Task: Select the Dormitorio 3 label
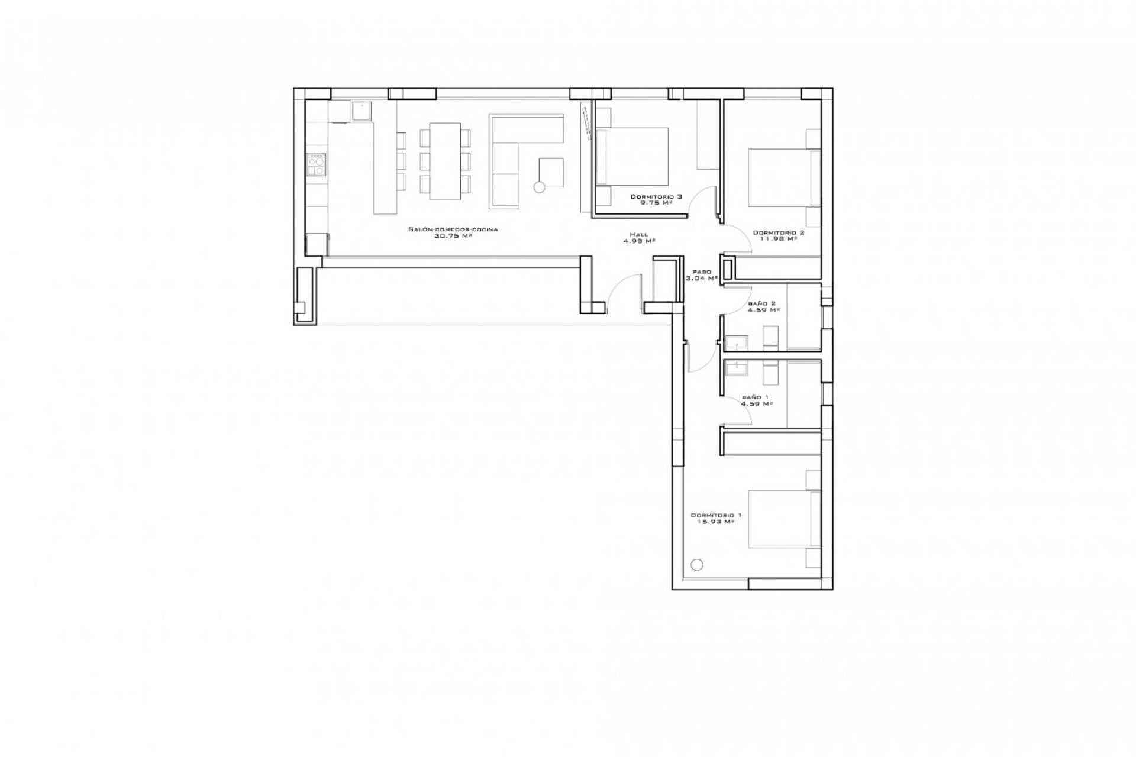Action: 656,196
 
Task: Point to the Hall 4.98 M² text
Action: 638,238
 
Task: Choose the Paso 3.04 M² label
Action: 701,275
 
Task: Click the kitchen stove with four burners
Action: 316,164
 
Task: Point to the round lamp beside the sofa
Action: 539,187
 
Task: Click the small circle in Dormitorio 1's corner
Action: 697,565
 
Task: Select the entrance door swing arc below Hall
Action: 624,293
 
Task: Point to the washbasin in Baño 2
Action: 737,343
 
